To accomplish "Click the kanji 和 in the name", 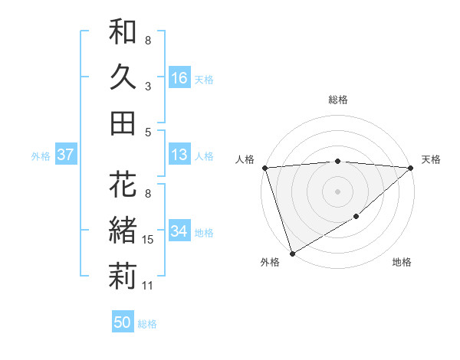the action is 123,34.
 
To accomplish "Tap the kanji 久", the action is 123,77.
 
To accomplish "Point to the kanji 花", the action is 123,186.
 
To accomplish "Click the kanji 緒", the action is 123,230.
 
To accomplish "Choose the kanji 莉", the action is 123,275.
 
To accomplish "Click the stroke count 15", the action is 149,241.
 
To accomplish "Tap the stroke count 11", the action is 149,286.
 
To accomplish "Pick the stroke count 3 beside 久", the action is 148,87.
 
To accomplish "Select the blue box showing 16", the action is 179,78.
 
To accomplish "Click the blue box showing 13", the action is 179,155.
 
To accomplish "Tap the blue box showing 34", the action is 179,231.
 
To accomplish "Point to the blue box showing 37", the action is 66,155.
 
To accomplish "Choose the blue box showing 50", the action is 122,322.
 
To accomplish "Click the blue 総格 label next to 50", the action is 147,324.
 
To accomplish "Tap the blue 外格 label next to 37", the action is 41,156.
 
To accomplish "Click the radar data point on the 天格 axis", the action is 411,168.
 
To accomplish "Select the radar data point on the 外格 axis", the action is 292,253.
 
